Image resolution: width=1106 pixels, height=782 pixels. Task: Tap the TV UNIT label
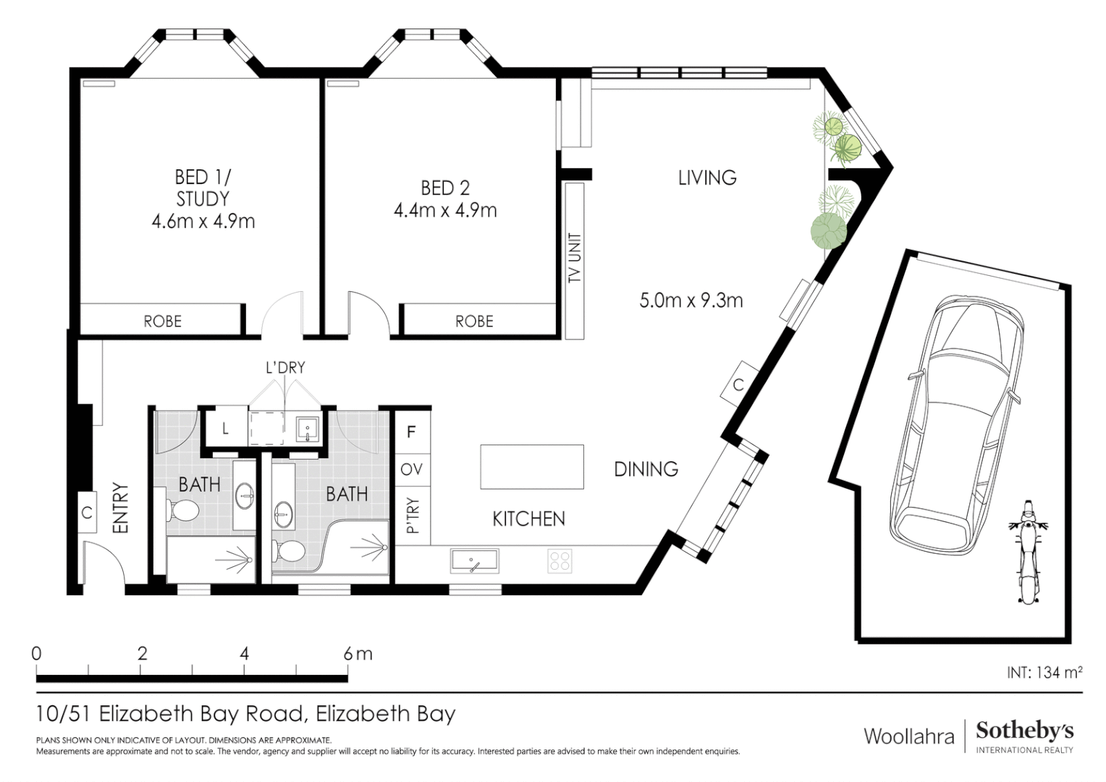pos(575,258)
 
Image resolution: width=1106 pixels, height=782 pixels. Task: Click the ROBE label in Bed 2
pos(474,321)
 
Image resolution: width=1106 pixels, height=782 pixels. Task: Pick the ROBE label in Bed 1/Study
pos(162,321)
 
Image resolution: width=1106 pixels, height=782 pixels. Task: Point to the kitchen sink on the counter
pos(474,561)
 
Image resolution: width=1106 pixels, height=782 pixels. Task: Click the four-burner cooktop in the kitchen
pos(560,561)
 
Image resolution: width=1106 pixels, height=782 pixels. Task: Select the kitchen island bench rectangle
pos(532,467)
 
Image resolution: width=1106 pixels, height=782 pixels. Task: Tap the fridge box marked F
pos(411,432)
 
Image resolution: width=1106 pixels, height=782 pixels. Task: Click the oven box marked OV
pos(411,470)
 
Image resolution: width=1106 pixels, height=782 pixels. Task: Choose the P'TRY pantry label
pos(413,516)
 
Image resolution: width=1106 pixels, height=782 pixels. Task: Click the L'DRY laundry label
pos(285,368)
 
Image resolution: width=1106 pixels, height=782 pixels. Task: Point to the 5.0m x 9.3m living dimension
pos(691,300)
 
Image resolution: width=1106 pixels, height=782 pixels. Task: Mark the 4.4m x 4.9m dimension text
pos(445,211)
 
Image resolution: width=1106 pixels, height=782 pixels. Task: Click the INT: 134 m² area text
pos(1044,673)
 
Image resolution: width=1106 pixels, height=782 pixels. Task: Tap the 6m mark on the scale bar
pos(358,654)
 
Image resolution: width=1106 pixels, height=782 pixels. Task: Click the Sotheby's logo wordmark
pos(1024,731)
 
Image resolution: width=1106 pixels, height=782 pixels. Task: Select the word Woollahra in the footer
pos(908,736)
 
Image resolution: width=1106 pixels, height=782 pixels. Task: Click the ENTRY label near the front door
pos(120,508)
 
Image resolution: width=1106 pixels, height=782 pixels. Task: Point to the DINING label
pos(646,469)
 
